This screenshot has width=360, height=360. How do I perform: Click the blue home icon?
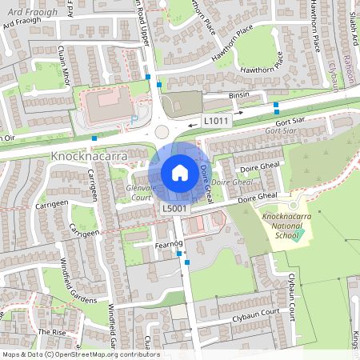point(180,173)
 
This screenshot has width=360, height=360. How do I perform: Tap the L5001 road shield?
point(174,209)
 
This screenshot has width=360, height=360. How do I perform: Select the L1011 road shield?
point(216,121)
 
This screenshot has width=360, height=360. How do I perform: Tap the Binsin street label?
point(239,95)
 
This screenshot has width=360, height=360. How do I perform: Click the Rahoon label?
point(349,70)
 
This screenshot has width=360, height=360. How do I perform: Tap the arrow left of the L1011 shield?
point(194,124)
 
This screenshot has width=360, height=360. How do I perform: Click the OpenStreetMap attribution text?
point(80,354)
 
